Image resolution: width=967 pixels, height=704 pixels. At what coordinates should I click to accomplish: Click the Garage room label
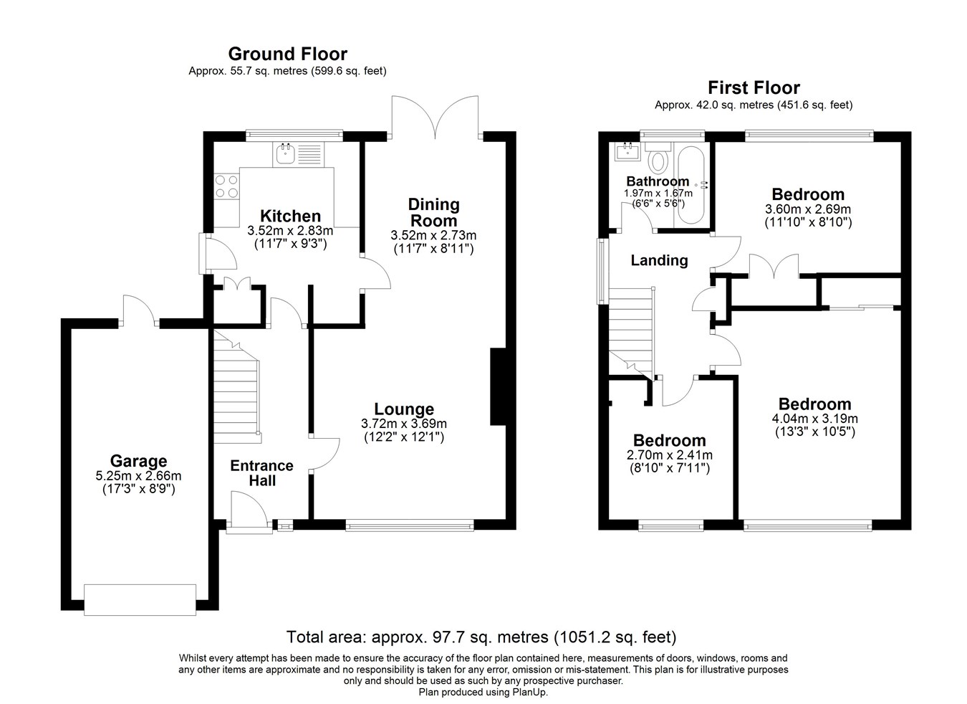pyautogui.click(x=138, y=462)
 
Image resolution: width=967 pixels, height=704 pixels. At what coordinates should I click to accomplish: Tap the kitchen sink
pyautogui.click(x=298, y=154)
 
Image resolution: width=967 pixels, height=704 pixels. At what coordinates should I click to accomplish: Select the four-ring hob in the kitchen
pyautogui.click(x=226, y=186)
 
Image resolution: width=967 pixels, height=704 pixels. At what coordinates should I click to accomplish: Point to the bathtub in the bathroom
pyautogui.click(x=691, y=185)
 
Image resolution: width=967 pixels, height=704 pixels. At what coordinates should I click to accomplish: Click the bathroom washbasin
pyautogui.click(x=628, y=151)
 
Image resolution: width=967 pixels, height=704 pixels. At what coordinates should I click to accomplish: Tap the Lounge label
pyautogui.click(x=404, y=409)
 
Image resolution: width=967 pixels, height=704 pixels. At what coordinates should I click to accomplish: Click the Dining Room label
pyautogui.click(x=433, y=212)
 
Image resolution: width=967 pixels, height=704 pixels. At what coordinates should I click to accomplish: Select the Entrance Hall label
pyautogui.click(x=261, y=472)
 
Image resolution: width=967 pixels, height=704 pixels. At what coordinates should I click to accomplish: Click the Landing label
pyautogui.click(x=659, y=261)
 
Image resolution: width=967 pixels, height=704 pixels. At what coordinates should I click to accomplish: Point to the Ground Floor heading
pyautogui.click(x=287, y=54)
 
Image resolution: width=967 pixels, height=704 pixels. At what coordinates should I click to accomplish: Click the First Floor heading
pyautogui.click(x=754, y=88)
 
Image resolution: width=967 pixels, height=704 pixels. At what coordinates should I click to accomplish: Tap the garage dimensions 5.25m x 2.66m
pyautogui.click(x=138, y=476)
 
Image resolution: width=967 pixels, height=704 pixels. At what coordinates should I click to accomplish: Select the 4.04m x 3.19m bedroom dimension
pyautogui.click(x=814, y=419)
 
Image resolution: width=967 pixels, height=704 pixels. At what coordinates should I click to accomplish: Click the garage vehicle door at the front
pyautogui.click(x=140, y=600)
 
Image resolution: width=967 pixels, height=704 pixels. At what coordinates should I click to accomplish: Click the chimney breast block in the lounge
pyautogui.click(x=498, y=387)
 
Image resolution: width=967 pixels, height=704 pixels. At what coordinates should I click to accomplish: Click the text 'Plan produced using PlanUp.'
pyautogui.click(x=483, y=693)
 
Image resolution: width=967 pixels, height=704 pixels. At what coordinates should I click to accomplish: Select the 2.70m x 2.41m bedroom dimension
pyautogui.click(x=670, y=455)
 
